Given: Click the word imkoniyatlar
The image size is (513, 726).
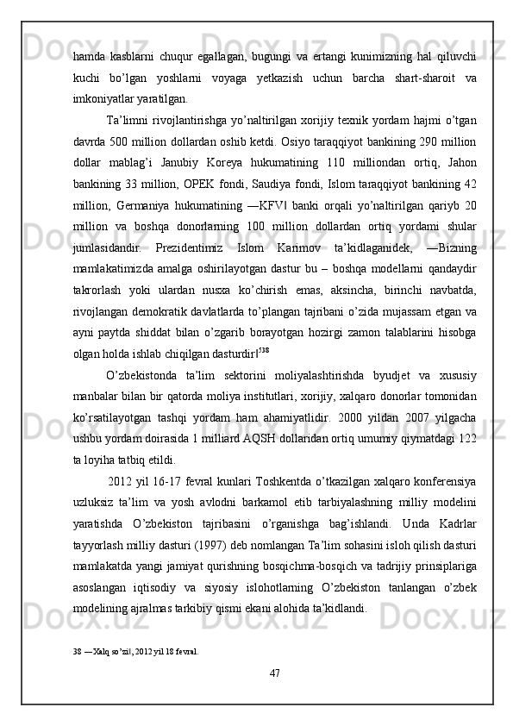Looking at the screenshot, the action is (104, 98).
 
